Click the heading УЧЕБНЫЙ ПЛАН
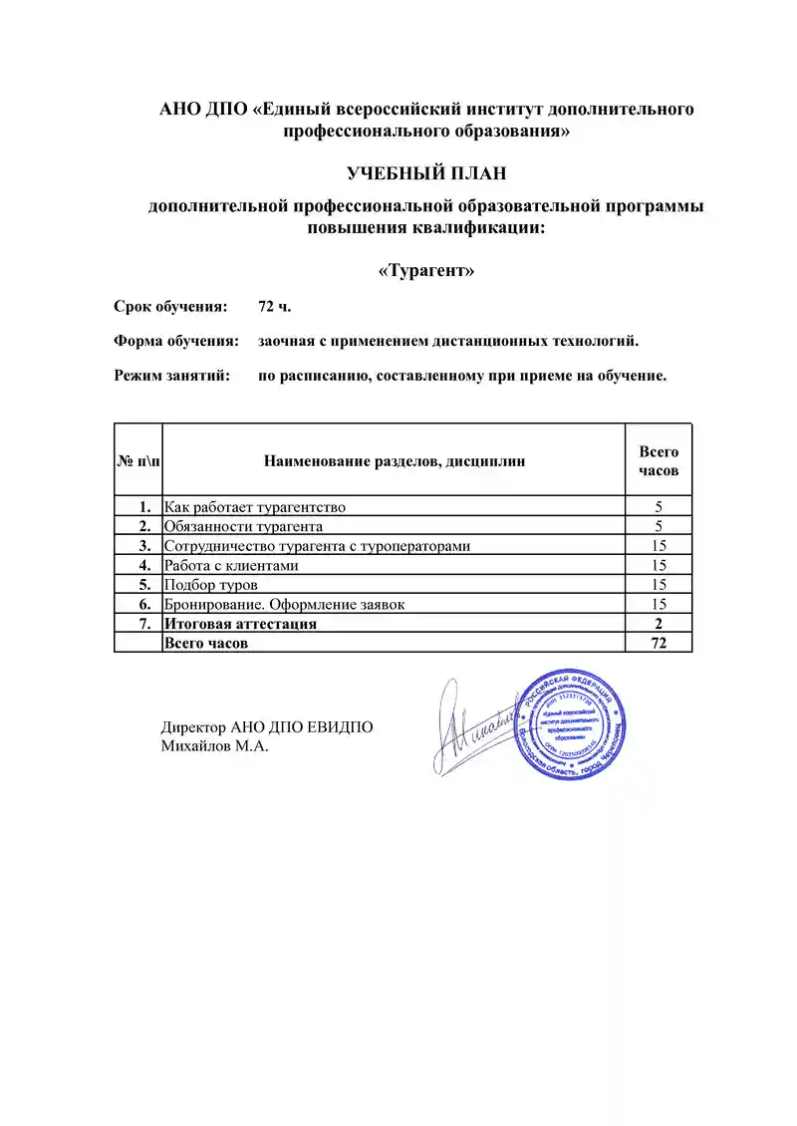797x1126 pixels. (426, 174)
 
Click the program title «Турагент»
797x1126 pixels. (426, 271)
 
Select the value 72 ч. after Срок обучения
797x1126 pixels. (275, 306)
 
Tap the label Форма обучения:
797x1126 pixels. (176, 341)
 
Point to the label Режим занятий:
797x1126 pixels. (172, 376)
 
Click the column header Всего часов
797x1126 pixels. (659, 460)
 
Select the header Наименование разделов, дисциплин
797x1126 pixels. (395, 460)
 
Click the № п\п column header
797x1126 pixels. (137, 460)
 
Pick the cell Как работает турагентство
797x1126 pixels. (255, 506)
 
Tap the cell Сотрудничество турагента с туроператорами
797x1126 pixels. (317, 546)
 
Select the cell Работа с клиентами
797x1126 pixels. (231, 565)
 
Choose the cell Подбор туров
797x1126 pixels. (211, 585)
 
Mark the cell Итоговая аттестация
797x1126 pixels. (240, 624)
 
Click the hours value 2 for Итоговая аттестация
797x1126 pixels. (659, 624)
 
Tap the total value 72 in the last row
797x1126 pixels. (659, 644)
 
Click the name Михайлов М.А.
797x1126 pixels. (215, 746)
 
